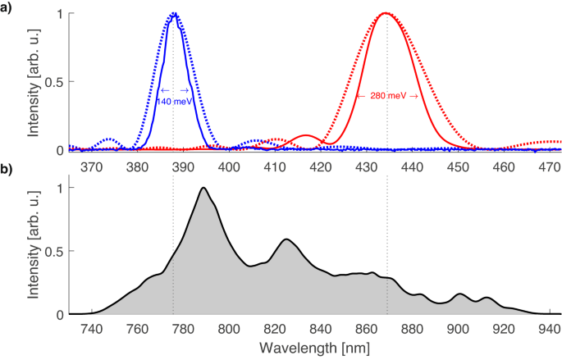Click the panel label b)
click(8, 170)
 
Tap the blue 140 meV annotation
click(175, 101)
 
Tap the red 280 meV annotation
click(387, 96)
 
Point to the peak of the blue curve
click(174, 14)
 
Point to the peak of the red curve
click(384, 13)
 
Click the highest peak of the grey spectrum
click(203, 188)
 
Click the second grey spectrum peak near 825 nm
click(286, 239)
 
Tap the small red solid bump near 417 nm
click(305, 135)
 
